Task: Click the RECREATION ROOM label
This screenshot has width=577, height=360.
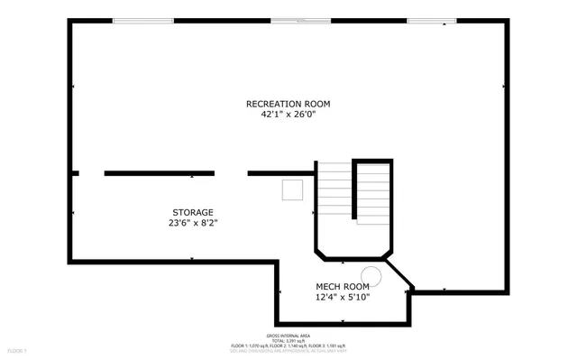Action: (x=282, y=104)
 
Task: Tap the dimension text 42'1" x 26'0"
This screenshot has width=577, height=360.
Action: (x=282, y=115)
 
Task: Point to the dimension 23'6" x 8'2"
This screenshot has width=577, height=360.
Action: (x=193, y=223)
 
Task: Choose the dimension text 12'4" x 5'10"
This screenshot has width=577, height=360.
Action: (x=342, y=297)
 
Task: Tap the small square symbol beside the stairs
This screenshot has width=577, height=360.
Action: (x=292, y=189)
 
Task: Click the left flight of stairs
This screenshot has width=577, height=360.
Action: (x=334, y=189)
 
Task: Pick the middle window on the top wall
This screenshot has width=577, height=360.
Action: (x=301, y=21)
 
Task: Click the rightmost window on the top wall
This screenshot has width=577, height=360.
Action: (x=426, y=21)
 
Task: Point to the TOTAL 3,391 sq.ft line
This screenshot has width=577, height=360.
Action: (x=288, y=339)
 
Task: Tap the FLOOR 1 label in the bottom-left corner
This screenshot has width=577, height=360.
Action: (x=17, y=350)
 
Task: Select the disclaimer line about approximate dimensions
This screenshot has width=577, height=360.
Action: (x=288, y=351)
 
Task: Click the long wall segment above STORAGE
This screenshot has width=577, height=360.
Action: (x=160, y=172)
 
